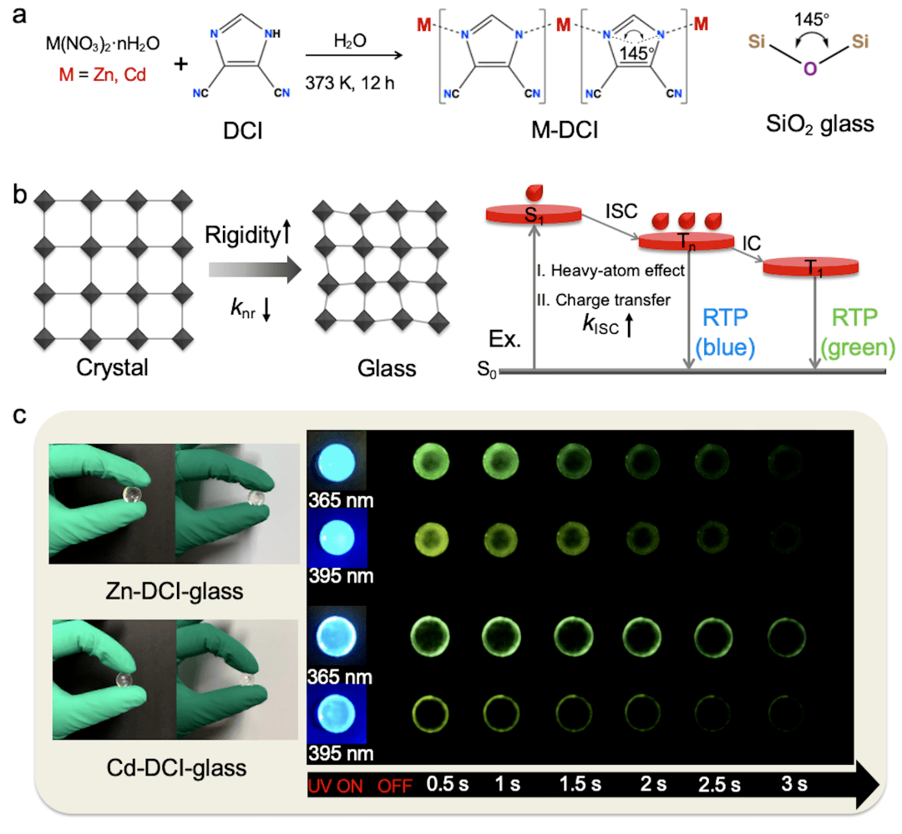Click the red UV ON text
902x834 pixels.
point(338,785)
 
